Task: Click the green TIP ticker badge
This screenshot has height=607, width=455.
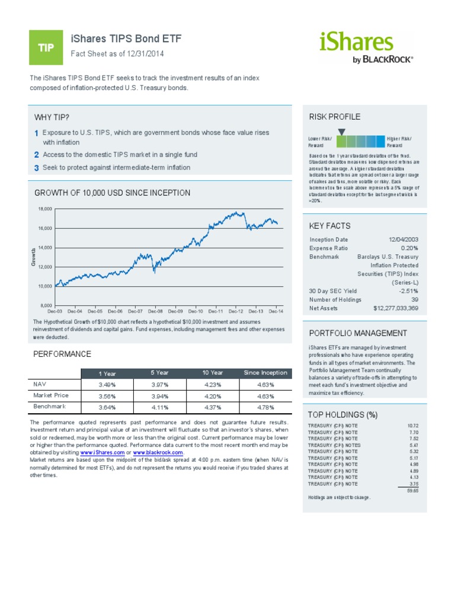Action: (46, 48)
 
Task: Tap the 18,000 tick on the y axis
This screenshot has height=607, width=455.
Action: (45, 209)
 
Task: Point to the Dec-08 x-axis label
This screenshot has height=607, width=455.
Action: (155, 311)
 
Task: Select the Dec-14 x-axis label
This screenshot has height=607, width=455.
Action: (275, 311)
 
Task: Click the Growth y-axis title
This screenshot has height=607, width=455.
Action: (34, 257)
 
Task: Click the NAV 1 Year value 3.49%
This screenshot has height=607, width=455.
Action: (107, 385)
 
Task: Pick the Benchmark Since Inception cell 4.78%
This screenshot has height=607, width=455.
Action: (265, 407)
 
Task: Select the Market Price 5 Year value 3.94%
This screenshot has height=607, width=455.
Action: (159, 396)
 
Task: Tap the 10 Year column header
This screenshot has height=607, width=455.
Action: (212, 373)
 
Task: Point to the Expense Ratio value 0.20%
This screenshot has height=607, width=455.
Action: (409, 248)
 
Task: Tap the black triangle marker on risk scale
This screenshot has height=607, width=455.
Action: (341, 132)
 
